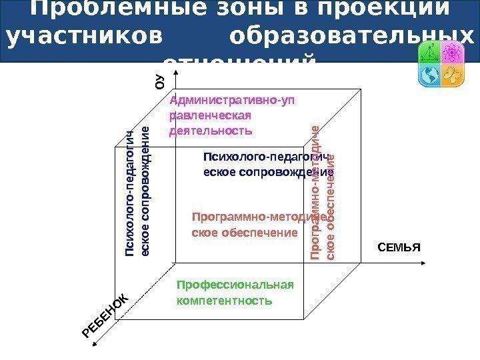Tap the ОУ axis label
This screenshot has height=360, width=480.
(x=159, y=81)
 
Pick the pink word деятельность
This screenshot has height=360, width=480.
(x=211, y=131)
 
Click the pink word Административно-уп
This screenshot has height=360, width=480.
(x=231, y=101)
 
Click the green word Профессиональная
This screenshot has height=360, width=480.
(x=235, y=285)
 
